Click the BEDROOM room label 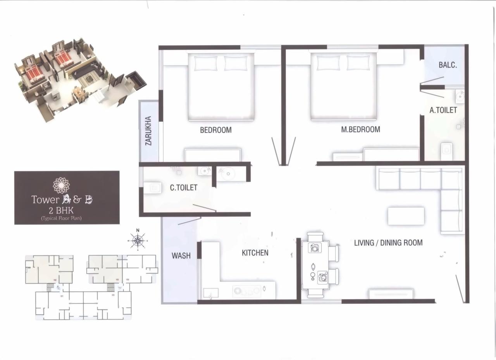[215, 130]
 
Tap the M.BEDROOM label [360, 129]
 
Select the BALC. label [448, 65]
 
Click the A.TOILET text [443, 110]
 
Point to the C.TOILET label [184, 188]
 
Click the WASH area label [181, 256]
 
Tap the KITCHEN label [255, 253]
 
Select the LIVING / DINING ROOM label [388, 243]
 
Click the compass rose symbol [137, 241]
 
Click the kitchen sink [210, 293]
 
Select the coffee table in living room [406, 216]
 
